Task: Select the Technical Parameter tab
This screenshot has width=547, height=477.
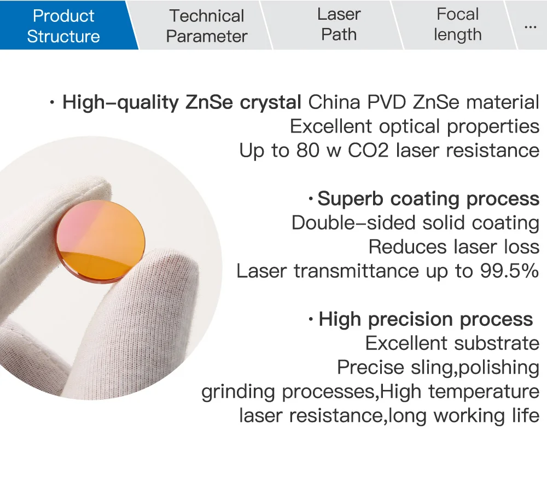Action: click(x=207, y=26)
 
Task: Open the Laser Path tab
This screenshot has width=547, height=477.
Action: click(x=339, y=25)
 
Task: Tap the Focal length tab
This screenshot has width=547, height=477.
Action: click(x=457, y=25)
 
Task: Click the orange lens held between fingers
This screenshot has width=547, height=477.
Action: click(x=101, y=242)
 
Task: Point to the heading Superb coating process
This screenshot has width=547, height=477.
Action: click(x=428, y=199)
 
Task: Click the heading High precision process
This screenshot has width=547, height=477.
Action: click(x=426, y=319)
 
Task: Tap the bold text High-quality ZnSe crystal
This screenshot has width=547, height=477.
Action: click(x=182, y=102)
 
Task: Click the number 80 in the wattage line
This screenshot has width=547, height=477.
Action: click(x=307, y=151)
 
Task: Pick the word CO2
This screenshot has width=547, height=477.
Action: click(x=368, y=151)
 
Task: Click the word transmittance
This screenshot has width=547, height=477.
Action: click(x=356, y=271)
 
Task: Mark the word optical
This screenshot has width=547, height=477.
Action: click(x=409, y=127)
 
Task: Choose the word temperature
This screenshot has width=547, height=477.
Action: click(x=484, y=392)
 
